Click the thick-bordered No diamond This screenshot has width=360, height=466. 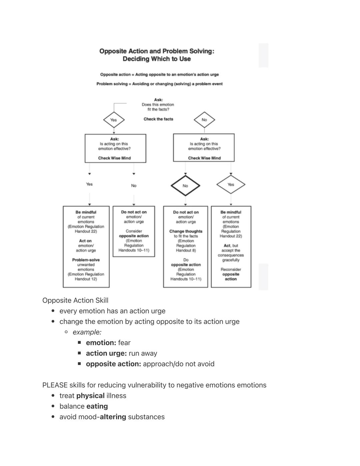(185, 186)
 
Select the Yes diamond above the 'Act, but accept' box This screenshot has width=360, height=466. (231, 184)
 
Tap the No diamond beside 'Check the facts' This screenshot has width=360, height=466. (204, 120)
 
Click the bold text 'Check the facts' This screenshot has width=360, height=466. (158, 119)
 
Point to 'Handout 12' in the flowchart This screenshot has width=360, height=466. (86, 279)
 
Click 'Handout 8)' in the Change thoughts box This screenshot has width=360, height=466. (186, 250)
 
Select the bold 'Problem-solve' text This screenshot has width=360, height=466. (86, 260)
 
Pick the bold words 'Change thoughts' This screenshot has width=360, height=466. (186, 231)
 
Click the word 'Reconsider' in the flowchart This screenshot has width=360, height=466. (231, 270)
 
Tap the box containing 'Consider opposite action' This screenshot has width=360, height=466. (134, 231)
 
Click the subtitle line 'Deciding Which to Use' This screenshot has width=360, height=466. (157, 59)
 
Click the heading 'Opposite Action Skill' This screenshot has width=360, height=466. (75, 300)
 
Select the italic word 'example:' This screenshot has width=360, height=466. (87, 332)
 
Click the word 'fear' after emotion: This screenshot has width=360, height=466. (124, 343)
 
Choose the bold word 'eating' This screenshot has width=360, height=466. (97, 406)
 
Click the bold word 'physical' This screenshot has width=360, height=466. (90, 396)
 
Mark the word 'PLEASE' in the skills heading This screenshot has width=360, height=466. (55, 385)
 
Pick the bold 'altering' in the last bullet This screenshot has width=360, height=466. (113, 417)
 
